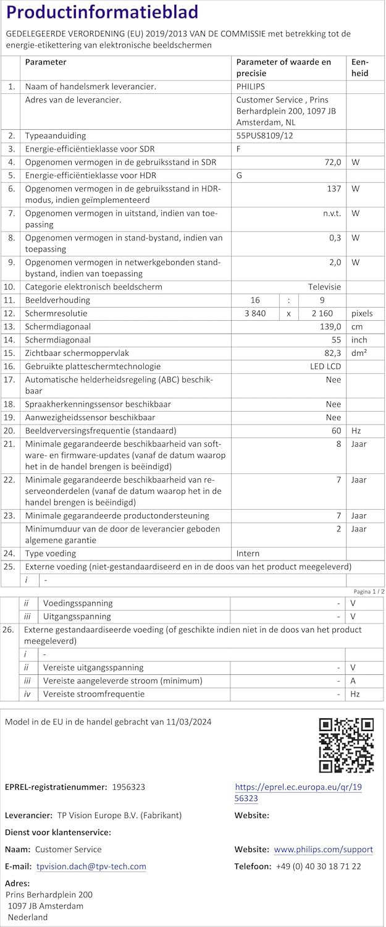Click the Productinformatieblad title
(103, 13)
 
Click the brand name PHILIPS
(250, 87)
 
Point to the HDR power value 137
(334, 188)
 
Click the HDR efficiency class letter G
(239, 175)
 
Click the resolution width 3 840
(255, 313)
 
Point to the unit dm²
(359, 353)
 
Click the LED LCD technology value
(325, 366)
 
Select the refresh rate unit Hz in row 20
(356, 430)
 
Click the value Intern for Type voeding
(248, 553)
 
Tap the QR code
(346, 745)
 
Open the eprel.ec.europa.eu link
(298, 793)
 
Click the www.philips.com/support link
(323, 849)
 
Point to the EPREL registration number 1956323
(128, 787)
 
